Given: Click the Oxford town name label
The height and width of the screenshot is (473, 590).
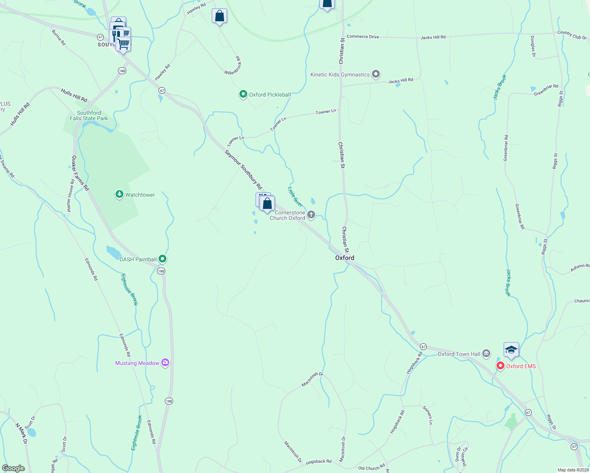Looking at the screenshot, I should pos(345,258).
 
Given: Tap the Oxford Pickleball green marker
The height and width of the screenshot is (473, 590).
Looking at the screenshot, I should pos(243,94).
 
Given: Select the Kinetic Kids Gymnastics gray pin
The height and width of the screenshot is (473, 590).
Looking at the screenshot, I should pos(376,74).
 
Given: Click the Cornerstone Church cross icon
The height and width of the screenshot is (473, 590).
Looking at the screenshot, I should pos(311,215).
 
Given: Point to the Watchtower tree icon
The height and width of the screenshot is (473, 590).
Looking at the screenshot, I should pos(119,194).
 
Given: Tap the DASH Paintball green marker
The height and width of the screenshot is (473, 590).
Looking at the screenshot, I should pos(162,259).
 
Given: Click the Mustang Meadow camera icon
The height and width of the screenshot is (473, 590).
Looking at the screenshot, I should pos(165,363).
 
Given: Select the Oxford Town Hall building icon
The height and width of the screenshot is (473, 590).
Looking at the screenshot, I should pos(486,354).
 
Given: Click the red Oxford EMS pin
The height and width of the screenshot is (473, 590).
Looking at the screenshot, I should pos(500,366).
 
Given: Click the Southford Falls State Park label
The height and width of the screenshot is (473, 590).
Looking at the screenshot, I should pos(89,115).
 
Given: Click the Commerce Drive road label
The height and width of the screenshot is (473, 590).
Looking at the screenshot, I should pos(363,37).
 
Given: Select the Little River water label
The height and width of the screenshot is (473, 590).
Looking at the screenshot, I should pos(295,197).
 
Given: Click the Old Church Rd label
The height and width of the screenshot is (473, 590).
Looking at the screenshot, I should pos(371,468).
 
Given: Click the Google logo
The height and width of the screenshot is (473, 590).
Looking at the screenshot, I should pos(13,468).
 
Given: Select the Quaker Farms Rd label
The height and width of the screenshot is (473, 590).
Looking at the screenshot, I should pos(80,173).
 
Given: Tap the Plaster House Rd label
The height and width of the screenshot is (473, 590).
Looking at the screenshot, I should pos(70,196).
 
